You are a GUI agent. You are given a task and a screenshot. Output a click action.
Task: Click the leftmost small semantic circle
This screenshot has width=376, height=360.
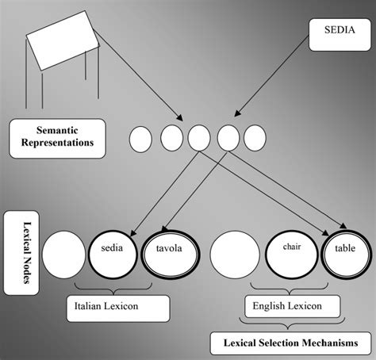point(140,140)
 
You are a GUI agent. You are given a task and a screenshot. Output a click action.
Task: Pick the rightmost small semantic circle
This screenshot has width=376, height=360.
point(254,139)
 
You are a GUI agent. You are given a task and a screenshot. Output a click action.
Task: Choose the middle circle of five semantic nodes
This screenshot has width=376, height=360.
point(198,139)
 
